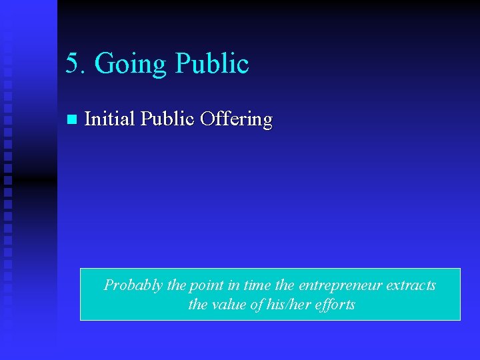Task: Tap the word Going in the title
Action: pyautogui.click(x=131, y=65)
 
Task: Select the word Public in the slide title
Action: pyautogui.click(x=211, y=63)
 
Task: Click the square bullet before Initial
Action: pyautogui.click(x=71, y=120)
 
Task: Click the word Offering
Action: pyautogui.click(x=236, y=120)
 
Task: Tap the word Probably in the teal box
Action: pyautogui.click(x=133, y=286)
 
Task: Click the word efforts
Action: pyautogui.click(x=335, y=305)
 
